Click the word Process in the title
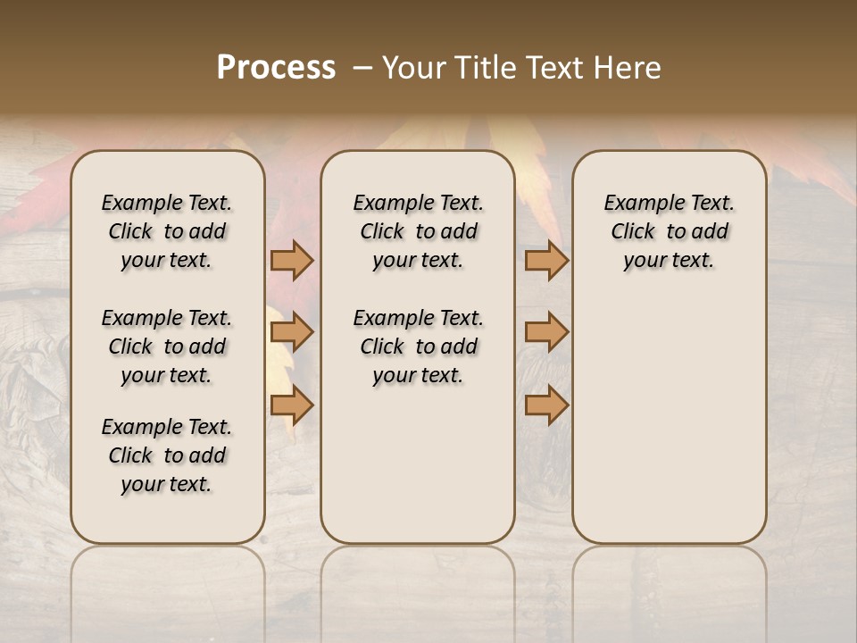click(276, 68)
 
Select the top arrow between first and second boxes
click(292, 261)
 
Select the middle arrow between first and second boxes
click(292, 333)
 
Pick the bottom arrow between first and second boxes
click(292, 405)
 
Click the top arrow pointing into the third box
click(546, 261)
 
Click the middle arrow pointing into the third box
click(546, 333)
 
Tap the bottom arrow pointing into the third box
click(546, 405)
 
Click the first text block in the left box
click(167, 231)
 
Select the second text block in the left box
click(167, 347)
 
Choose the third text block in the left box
click(167, 455)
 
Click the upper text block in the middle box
click(418, 231)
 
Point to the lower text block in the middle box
click(418, 347)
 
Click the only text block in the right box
click(669, 231)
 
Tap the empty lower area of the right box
click(669, 420)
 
